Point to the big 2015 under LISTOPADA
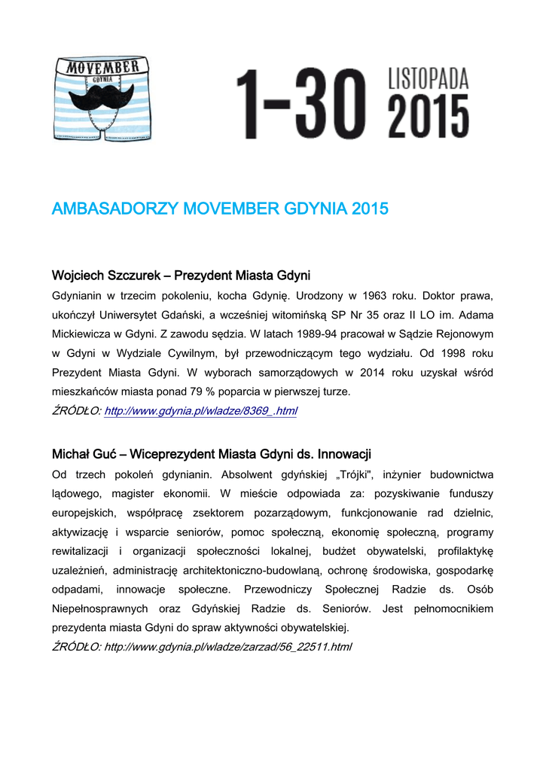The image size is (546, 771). (x=428, y=117)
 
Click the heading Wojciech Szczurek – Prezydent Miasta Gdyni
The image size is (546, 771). (x=181, y=274)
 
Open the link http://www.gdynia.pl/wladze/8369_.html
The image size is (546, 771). (x=200, y=411)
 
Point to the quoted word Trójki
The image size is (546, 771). (x=352, y=474)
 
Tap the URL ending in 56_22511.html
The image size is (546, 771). (x=227, y=647)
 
